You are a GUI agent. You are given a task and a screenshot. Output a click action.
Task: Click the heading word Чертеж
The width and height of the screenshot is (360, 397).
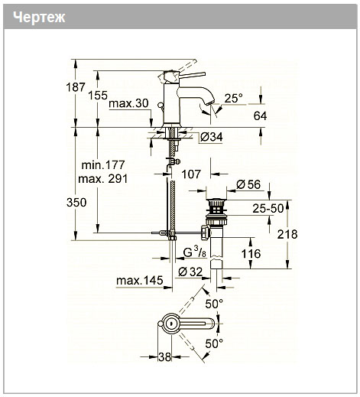coord(39,18)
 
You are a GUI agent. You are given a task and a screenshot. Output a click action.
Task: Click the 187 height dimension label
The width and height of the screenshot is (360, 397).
coord(76,87)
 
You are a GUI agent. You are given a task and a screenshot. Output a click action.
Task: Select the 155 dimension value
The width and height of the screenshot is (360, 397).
coord(98,96)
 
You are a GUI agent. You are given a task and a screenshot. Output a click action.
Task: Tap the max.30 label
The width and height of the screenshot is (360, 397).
coord(128,103)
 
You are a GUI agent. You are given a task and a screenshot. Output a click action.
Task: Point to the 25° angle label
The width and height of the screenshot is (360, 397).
coord(233,98)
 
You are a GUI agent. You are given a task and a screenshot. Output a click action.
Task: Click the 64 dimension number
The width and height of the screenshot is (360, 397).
coord(260,116)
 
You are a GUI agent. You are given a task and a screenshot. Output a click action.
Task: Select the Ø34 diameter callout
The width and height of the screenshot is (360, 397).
coord(211,137)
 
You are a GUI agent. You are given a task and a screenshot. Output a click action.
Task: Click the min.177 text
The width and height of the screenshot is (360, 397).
coord(103,165)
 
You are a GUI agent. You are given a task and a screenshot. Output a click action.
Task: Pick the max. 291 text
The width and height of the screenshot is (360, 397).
coord(103,179)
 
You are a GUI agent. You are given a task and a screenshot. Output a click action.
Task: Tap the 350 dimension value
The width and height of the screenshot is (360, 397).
coord(76,203)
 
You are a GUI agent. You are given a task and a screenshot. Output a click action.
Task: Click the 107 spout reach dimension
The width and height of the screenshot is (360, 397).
coord(191,174)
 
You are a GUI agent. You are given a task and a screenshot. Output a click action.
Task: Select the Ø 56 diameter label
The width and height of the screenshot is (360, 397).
coord(248,184)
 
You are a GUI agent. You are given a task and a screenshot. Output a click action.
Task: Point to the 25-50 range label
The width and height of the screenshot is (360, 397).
coord(268,209)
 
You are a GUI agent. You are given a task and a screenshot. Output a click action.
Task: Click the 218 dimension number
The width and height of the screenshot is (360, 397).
coord(287,234)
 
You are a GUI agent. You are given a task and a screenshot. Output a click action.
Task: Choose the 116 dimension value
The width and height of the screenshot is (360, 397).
coord(251,254)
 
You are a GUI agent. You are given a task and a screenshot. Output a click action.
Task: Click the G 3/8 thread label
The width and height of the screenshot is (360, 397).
coord(195,252)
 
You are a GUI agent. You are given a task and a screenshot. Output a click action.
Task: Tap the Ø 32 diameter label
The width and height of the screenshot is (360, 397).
coord(190,272)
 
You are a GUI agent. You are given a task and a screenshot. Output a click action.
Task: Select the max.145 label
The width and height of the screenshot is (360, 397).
coord(139,281)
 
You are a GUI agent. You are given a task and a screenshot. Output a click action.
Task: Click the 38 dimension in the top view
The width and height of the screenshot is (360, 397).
coord(164,357)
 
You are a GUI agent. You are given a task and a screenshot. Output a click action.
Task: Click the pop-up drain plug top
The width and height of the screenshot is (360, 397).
coord(216,199)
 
